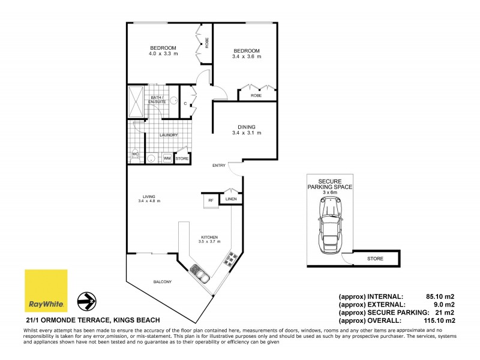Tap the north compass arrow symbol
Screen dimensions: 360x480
click(88, 299)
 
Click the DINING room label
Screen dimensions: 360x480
click(247, 127)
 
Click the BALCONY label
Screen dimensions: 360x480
click(163, 282)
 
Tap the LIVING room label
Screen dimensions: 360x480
click(150, 196)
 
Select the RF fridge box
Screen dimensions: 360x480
click(211, 201)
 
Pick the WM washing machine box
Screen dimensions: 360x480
click(167, 158)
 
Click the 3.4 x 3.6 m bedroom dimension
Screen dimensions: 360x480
click(247, 57)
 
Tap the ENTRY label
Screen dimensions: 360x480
click(218, 166)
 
